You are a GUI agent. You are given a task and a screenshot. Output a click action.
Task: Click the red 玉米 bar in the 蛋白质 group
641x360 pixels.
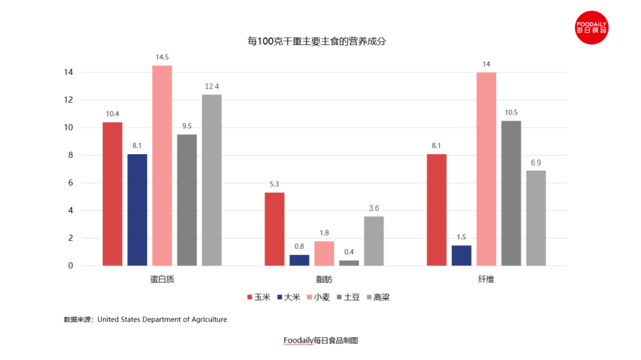(112, 194)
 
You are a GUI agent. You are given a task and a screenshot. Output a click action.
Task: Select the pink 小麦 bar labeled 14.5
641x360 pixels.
(162, 165)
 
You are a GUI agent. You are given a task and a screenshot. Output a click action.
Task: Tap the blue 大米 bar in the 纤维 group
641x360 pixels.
(462, 256)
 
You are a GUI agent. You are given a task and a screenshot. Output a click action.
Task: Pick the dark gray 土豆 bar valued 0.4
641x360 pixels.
(349, 263)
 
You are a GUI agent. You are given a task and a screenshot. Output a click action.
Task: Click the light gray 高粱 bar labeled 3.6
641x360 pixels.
(374, 241)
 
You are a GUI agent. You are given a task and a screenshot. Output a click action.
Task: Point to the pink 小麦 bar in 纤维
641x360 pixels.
(486, 169)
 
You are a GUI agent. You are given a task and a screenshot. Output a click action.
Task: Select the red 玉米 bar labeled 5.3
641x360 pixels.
(274, 229)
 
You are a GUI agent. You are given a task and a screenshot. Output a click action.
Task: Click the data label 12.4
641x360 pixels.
(212, 87)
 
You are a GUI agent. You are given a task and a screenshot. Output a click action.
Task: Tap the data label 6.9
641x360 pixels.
(536, 163)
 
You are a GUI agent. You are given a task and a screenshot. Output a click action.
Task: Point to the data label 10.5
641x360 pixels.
(511, 113)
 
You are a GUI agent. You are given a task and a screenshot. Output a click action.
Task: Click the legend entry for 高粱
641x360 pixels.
(378, 297)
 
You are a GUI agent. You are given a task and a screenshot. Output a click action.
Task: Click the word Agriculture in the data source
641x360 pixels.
(208, 319)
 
